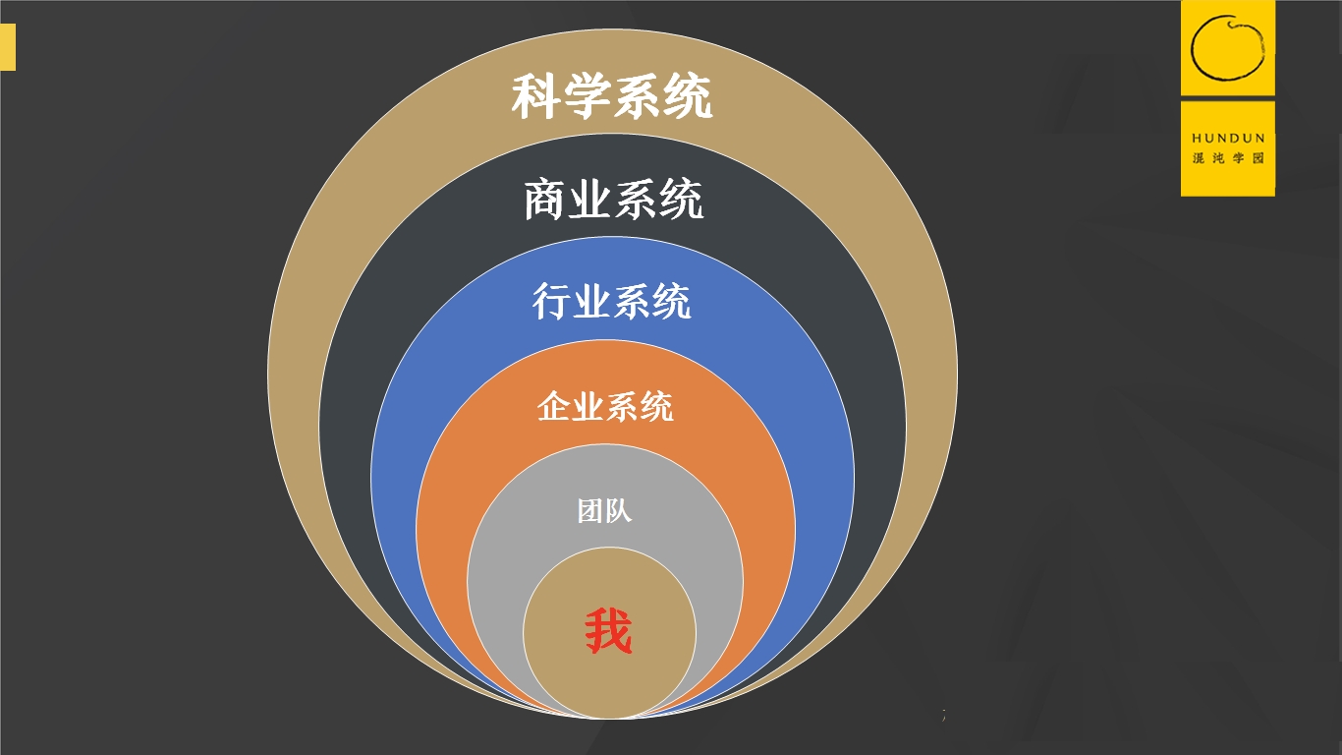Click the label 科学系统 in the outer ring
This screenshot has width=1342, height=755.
click(611, 98)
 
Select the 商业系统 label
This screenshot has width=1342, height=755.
click(613, 201)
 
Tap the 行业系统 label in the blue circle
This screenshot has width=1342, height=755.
click(611, 302)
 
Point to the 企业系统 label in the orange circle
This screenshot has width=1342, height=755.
click(605, 406)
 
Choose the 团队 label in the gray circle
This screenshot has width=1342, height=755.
click(604, 511)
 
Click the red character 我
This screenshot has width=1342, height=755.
click(608, 632)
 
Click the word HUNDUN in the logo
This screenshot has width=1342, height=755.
click(1228, 139)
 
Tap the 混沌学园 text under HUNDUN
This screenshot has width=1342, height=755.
click(1228, 158)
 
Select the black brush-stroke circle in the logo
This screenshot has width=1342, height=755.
click(1227, 47)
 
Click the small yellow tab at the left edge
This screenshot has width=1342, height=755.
click(8, 48)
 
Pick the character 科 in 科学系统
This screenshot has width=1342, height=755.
click(535, 98)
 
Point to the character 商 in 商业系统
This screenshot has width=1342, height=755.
click(546, 201)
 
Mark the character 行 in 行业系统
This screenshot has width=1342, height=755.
click(552, 302)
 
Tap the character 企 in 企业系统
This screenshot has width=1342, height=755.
click(554, 406)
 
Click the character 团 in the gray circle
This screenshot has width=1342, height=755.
click(590, 511)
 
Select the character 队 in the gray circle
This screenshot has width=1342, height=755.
click(619, 511)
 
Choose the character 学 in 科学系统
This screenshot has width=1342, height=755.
click(587, 98)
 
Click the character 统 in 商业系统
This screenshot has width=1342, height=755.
click(681, 201)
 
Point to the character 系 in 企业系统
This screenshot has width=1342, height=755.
click(622, 406)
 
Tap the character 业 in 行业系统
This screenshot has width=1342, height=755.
click(591, 302)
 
